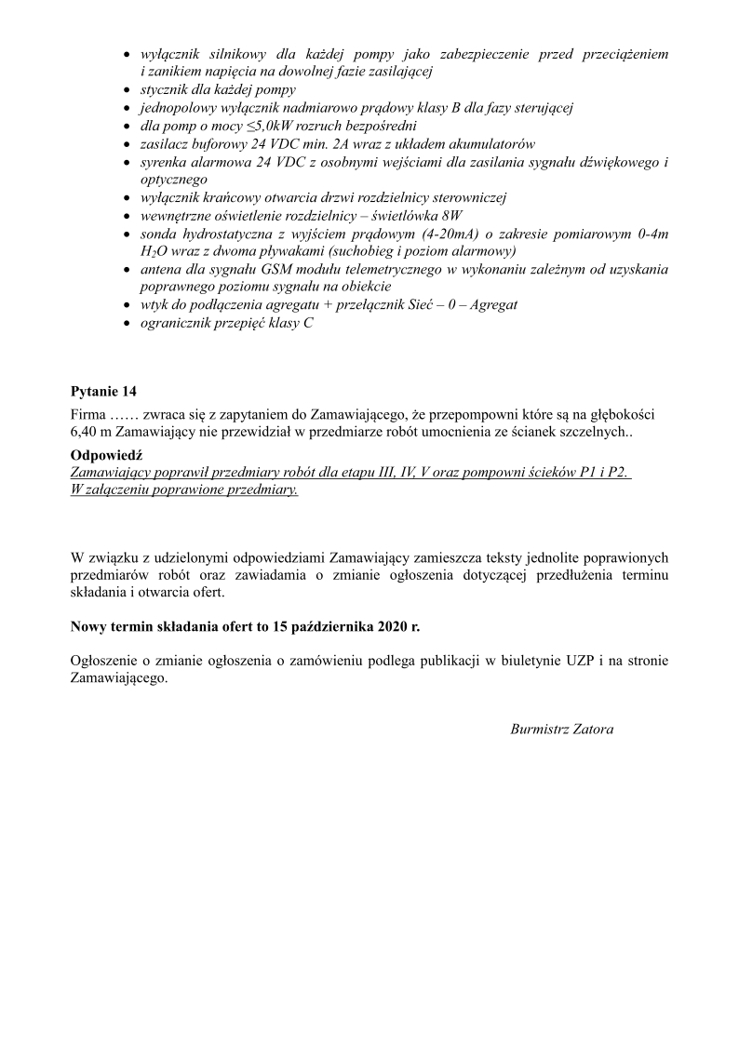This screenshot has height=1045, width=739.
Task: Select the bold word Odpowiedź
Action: click(102, 455)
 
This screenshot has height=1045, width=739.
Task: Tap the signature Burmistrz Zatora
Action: click(561, 729)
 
